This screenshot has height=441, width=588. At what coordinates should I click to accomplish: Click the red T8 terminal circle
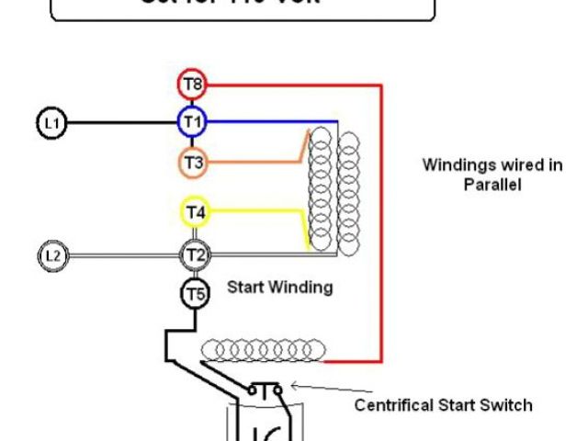point(193,85)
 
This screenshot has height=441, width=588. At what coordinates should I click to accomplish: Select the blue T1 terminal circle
point(193,121)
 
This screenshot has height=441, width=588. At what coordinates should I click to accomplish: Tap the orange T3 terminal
point(193,163)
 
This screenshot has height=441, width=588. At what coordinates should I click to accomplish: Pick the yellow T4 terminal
point(195,212)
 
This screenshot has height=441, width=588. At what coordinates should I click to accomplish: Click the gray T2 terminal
point(194,254)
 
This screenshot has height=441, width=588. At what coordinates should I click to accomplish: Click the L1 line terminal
point(51,122)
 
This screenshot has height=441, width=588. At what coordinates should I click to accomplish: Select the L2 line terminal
point(51,255)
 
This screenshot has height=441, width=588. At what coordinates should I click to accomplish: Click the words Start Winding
point(279,288)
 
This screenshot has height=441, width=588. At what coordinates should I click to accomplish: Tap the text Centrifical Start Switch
point(443,404)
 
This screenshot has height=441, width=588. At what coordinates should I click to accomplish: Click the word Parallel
point(492,184)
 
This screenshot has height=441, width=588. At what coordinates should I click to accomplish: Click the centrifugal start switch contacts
point(266,390)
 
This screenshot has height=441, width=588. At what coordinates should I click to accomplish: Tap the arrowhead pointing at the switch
point(293,389)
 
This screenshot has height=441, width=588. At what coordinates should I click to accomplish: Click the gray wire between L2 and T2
point(119,255)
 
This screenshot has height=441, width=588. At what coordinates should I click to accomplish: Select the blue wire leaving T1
point(266,121)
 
